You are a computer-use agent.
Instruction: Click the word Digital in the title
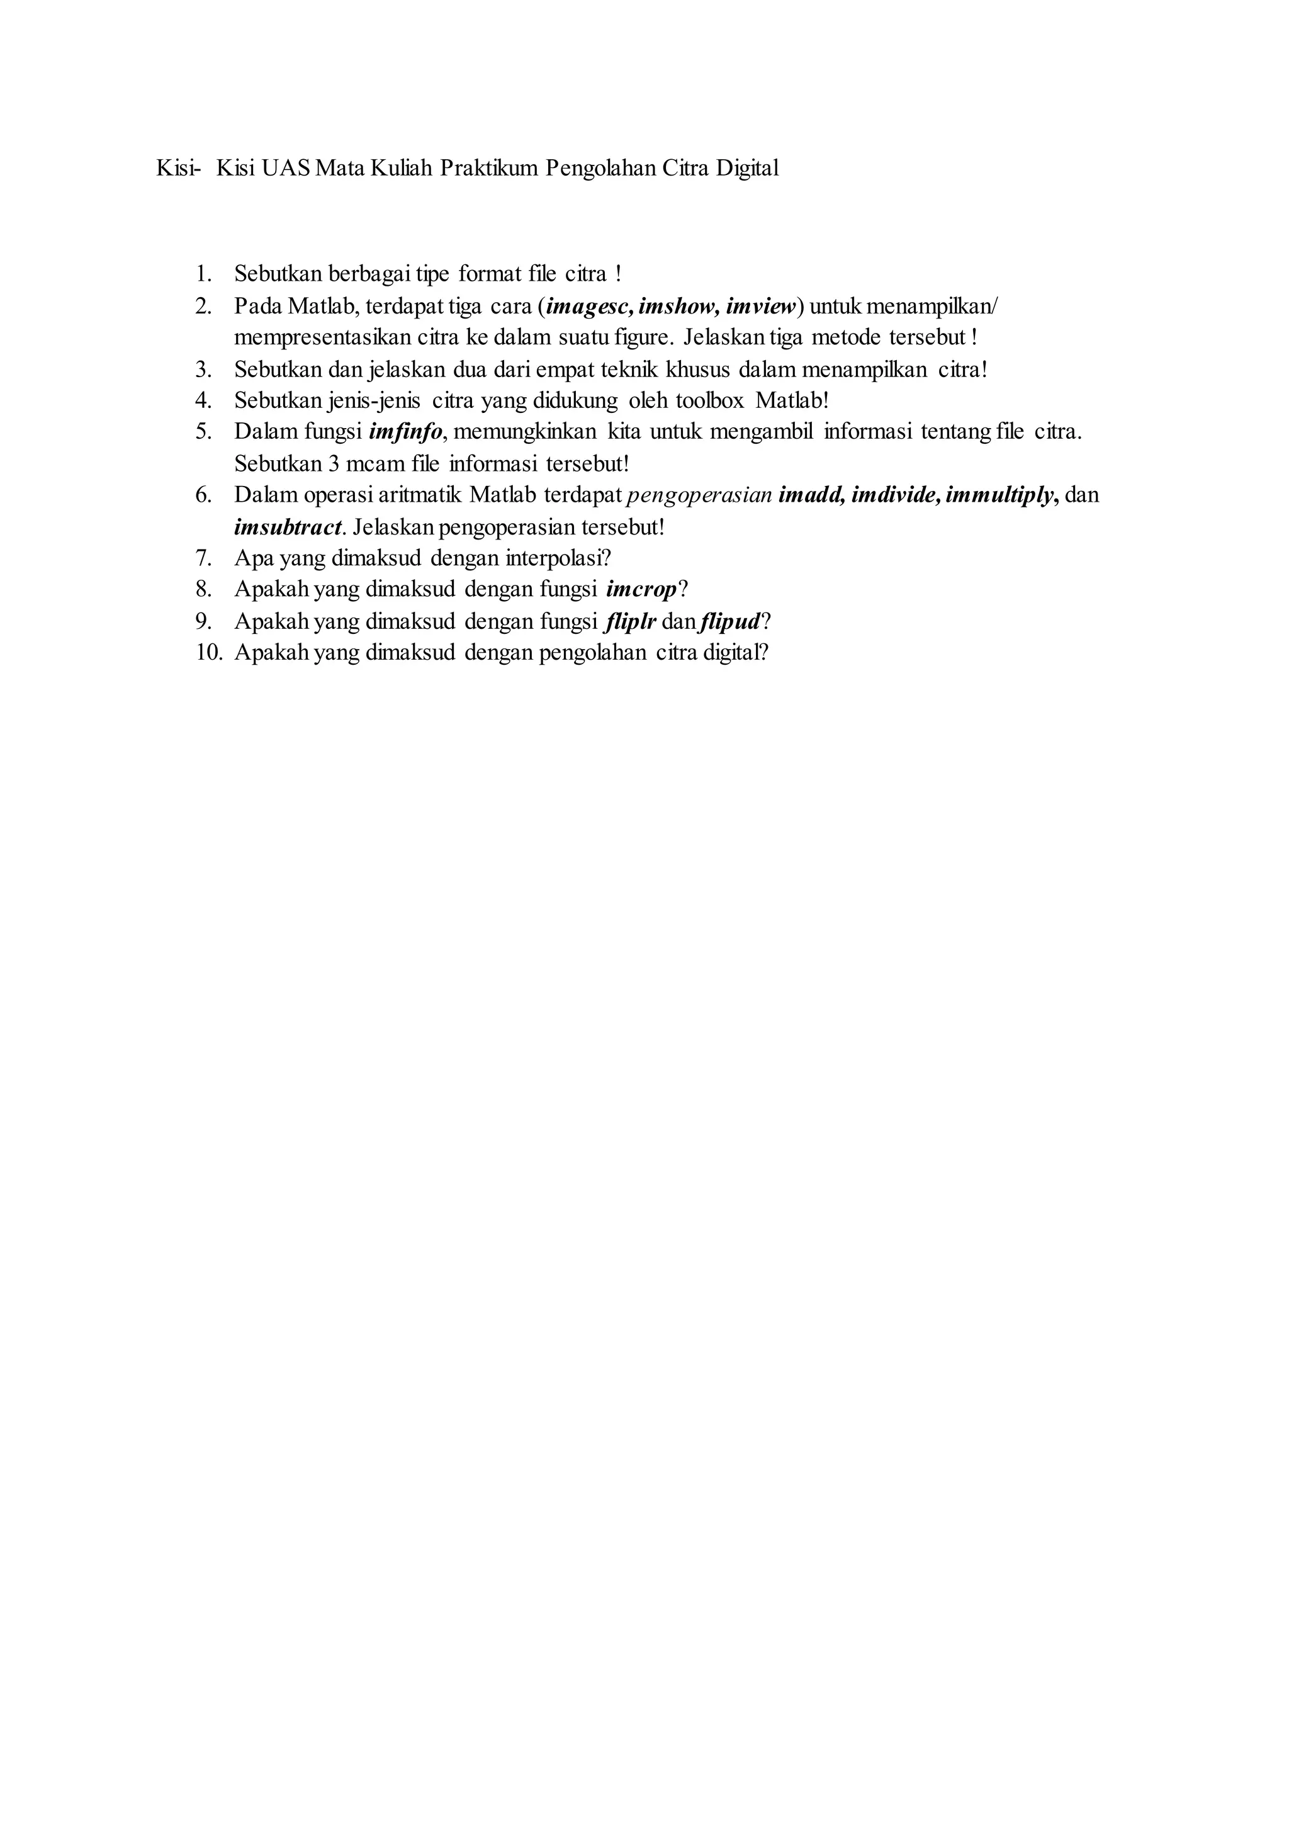coord(747,168)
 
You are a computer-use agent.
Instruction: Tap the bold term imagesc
coord(585,307)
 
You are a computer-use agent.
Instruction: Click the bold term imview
coord(760,307)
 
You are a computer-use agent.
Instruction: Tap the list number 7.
coord(203,558)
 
